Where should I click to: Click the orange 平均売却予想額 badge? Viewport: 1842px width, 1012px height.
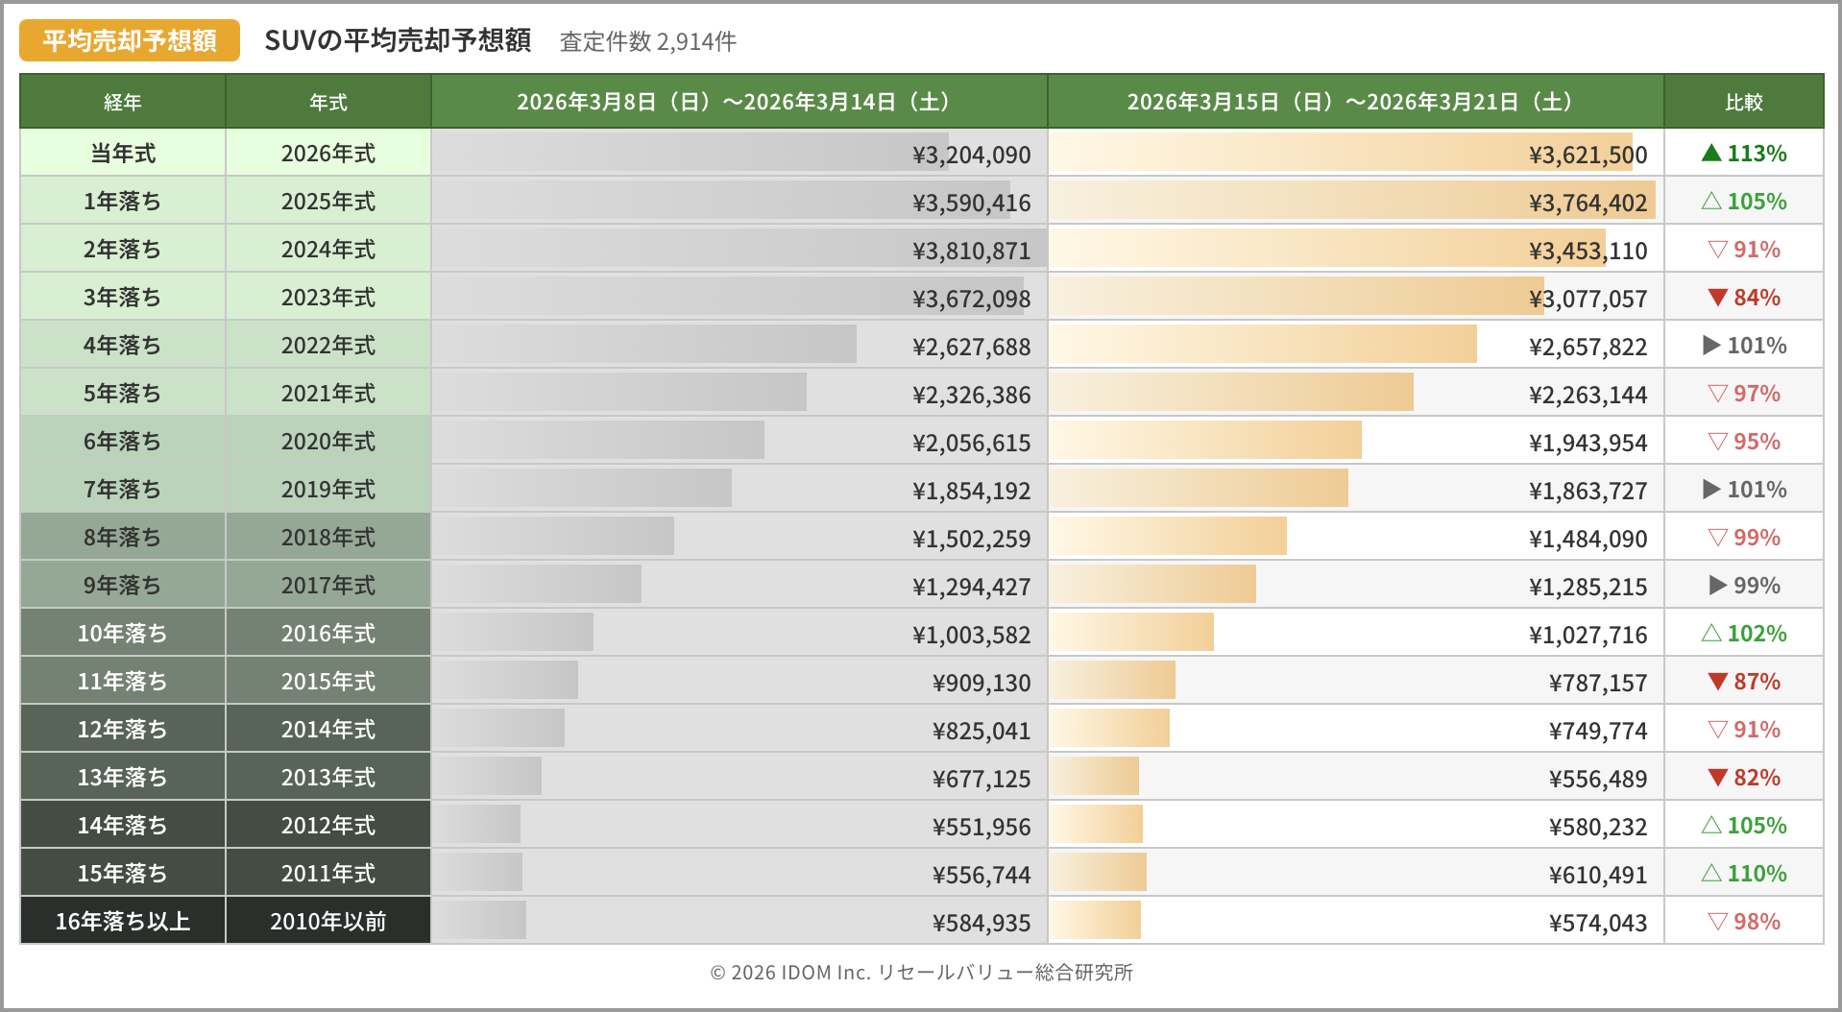pyautogui.click(x=130, y=40)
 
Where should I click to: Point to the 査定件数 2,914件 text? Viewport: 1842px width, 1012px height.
pyautogui.click(x=648, y=41)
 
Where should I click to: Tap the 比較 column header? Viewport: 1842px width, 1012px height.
pyautogui.click(x=1743, y=102)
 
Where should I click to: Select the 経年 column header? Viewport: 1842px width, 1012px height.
pyautogui.click(x=123, y=102)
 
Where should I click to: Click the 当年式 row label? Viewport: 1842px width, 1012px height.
pyautogui.click(x=123, y=154)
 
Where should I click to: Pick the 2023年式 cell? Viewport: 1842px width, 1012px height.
pyautogui.click(x=327, y=298)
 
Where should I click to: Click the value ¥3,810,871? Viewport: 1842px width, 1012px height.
pyautogui.click(x=971, y=251)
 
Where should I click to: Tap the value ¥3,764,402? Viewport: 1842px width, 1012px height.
pyautogui.click(x=1588, y=203)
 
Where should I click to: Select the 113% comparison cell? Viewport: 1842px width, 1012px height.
pyautogui.click(x=1743, y=154)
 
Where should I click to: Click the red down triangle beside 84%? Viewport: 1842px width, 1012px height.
pyautogui.click(x=1718, y=298)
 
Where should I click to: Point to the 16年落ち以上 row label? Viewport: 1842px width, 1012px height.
pyautogui.click(x=123, y=922)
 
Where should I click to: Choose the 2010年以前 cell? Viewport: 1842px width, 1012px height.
pyautogui.click(x=327, y=922)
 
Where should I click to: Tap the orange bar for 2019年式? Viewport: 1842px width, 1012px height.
pyautogui.click(x=1199, y=489)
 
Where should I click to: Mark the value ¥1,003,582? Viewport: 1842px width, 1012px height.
pyautogui.click(x=971, y=635)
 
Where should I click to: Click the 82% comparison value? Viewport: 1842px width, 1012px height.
pyautogui.click(x=1757, y=778)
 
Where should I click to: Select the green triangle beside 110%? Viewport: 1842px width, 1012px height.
pyautogui.click(x=1711, y=873)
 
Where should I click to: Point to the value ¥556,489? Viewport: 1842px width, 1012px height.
pyautogui.click(x=1597, y=779)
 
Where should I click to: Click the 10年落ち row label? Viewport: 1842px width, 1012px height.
pyautogui.click(x=123, y=634)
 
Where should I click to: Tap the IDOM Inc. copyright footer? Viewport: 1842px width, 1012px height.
pyautogui.click(x=921, y=973)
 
